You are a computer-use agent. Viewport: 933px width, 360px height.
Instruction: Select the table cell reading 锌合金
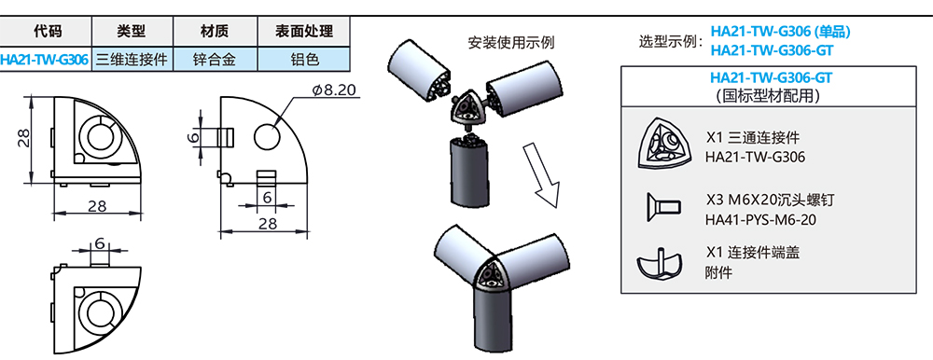215,59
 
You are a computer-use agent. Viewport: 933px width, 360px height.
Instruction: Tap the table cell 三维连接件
132,59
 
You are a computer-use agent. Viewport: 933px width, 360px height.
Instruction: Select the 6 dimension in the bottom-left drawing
98,244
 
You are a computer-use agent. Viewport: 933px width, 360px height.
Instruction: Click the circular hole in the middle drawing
266,135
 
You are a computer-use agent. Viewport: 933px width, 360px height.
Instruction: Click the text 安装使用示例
511,42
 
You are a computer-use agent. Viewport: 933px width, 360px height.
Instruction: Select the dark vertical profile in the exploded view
466,168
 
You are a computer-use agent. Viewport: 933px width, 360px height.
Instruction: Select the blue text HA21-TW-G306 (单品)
780,31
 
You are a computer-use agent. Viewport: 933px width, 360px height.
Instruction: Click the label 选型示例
669,42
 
